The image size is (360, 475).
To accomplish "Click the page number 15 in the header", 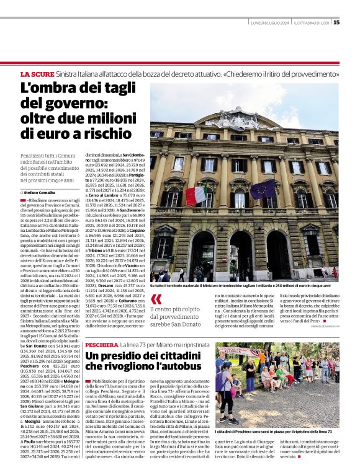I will click(336, 22).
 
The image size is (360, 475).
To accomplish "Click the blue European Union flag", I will click(262, 189).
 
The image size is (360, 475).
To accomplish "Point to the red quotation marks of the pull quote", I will click(156, 300).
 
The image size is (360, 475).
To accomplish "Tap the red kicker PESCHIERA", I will click(106, 344).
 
